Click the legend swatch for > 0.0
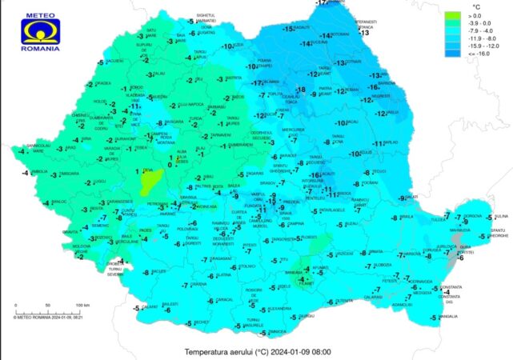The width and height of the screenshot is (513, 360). pyautogui.click(x=454, y=15)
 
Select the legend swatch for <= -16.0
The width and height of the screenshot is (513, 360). pyautogui.click(x=454, y=53)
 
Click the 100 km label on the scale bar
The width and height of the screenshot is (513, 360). pyautogui.click(x=82, y=306)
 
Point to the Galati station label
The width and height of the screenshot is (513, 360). pyautogui.click(x=411, y=197)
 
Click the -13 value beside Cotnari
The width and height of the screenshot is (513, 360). pyautogui.click(x=342, y=62)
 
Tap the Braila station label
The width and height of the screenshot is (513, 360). pyautogui.click(x=406, y=216)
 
